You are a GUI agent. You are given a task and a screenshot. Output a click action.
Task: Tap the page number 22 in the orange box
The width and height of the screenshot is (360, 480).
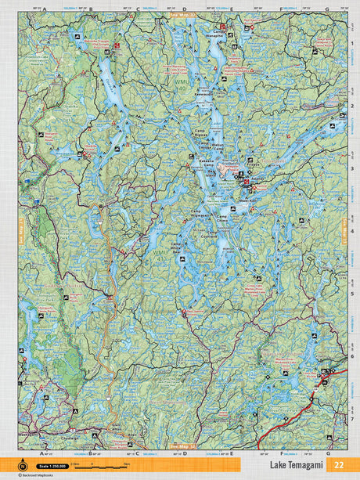pyautogui.click(x=338, y=465)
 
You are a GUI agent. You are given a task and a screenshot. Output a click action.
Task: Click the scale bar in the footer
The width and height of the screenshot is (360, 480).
pyautogui.click(x=102, y=465)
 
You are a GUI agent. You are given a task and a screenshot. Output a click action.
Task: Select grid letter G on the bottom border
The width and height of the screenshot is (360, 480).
pyautogui.click(x=328, y=453)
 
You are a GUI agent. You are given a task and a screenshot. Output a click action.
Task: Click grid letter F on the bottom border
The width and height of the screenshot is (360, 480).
pyautogui.click(x=281, y=453)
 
